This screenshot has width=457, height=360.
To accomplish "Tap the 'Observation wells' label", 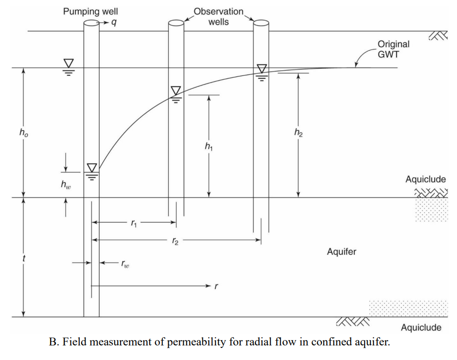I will [x=218, y=17].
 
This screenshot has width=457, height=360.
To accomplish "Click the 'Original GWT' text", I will [x=393, y=49].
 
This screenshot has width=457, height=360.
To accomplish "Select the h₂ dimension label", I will [x=298, y=132].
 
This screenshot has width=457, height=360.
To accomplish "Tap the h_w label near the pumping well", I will [x=65, y=185].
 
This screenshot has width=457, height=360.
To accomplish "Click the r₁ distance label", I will [x=134, y=223].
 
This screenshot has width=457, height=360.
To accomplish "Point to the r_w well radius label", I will [x=125, y=264].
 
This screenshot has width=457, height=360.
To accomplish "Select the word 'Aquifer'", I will [x=341, y=252].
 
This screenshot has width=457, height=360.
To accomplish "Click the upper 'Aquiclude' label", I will [x=425, y=179].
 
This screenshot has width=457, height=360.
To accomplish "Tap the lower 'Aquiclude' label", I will [x=421, y=327].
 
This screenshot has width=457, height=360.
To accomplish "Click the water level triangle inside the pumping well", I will [x=91, y=168].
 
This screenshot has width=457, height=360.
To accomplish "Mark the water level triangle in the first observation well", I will [x=176, y=91].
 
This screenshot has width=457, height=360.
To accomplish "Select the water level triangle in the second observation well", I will [x=262, y=68].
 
